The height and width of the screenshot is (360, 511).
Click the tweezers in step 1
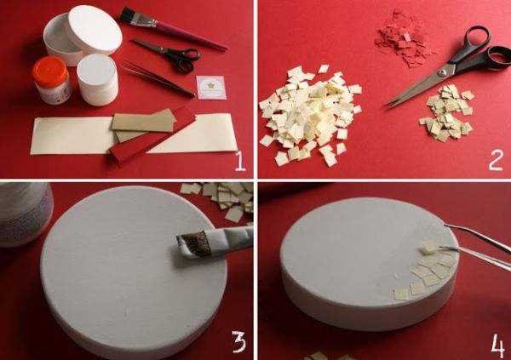pos(158,79)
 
